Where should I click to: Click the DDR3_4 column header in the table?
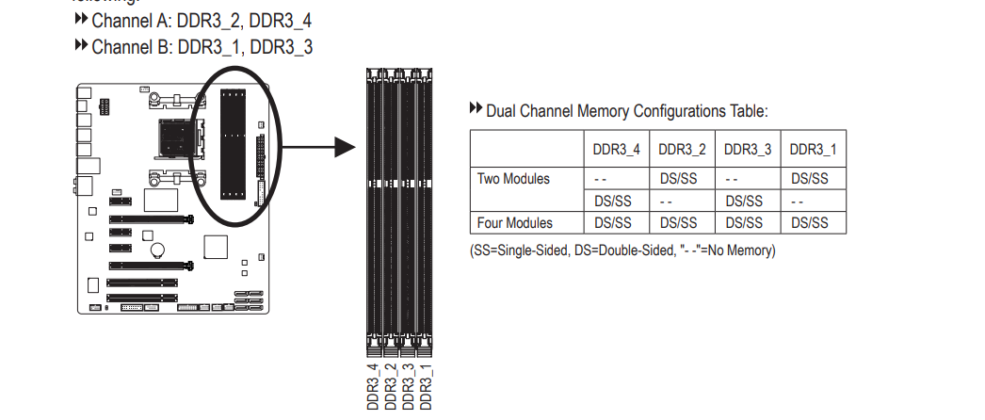[616, 149]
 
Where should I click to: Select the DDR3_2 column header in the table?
[682, 149]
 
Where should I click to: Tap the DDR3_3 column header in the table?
[748, 149]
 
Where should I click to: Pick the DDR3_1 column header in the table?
[813, 149]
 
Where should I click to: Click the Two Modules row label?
[514, 178]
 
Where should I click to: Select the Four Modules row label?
[515, 223]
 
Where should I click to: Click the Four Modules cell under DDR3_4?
[616, 223]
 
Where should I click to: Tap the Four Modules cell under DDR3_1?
[813, 223]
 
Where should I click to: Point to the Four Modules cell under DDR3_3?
[748, 223]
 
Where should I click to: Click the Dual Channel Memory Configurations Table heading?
[626, 111]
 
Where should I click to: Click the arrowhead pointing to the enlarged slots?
[344, 147]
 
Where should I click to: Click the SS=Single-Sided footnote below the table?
[622, 250]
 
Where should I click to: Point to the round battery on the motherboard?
[160, 251]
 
